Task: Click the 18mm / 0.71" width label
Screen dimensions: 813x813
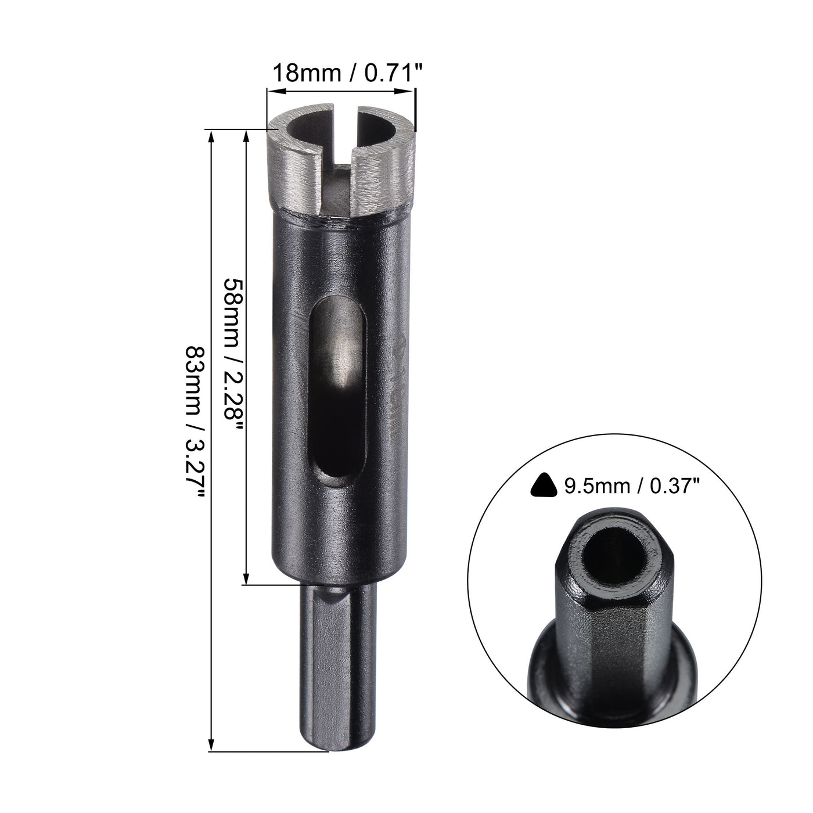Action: click(341, 74)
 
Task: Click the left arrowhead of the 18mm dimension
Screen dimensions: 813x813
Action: click(273, 91)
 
